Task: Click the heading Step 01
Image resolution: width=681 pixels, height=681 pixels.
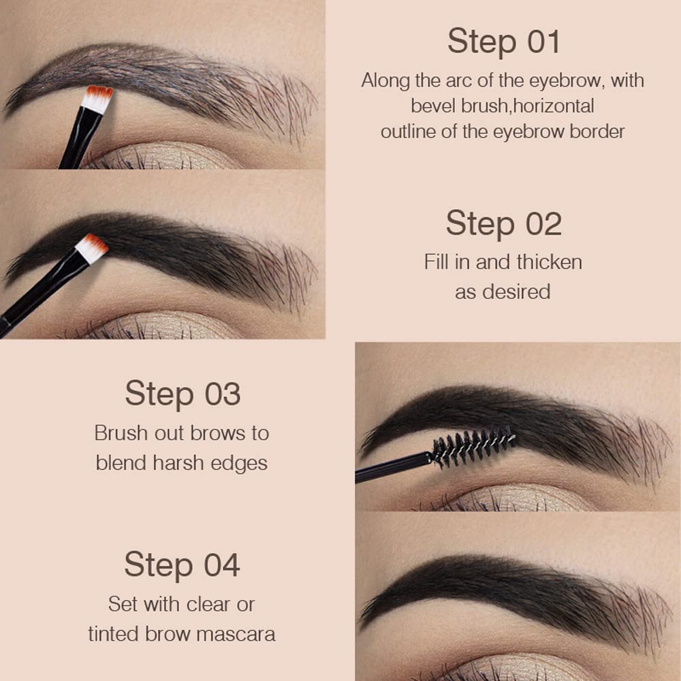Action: [x=503, y=42]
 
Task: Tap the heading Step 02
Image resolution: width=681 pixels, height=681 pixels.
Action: [x=503, y=223]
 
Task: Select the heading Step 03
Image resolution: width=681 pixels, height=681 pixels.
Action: [x=183, y=394]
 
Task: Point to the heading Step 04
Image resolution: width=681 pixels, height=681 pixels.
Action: [x=182, y=565]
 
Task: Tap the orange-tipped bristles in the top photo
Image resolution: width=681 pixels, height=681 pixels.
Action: [x=99, y=93]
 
